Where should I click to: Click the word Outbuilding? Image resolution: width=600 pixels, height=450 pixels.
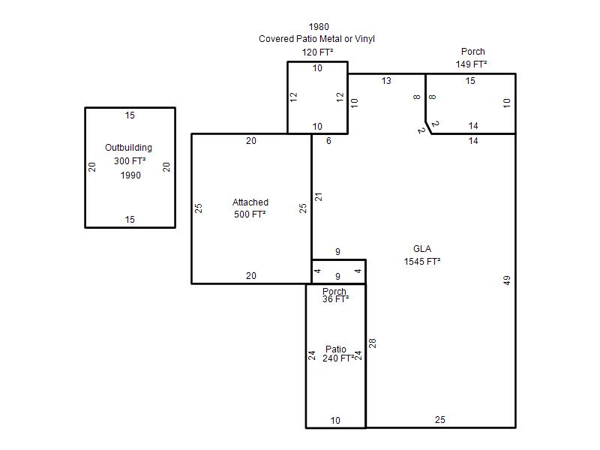[x=128, y=148]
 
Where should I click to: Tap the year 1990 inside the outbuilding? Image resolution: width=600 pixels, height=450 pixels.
[x=130, y=175]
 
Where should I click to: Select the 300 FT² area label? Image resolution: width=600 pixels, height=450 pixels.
[x=130, y=161]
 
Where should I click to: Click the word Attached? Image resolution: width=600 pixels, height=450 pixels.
[x=250, y=202]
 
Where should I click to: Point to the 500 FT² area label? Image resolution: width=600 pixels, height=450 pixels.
[x=250, y=214]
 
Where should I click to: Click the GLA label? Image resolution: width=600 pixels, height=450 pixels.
[x=422, y=249]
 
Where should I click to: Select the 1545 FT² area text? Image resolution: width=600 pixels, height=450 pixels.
[x=422, y=261]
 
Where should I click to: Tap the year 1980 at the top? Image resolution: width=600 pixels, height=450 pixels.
[x=319, y=27]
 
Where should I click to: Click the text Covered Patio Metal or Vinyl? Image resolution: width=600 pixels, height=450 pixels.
[x=316, y=39]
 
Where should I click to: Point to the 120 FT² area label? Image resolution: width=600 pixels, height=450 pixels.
[x=317, y=52]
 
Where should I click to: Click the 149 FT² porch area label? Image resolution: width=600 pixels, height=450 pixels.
[x=471, y=64]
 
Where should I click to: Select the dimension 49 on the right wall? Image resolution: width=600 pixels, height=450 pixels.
[x=507, y=280]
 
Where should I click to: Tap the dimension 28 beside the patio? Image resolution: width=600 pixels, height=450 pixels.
[x=372, y=343]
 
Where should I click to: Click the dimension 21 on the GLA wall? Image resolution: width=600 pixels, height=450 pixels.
[x=318, y=197]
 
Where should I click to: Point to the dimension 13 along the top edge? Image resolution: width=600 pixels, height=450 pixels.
[x=386, y=81]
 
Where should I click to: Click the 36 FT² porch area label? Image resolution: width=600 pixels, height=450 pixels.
[x=335, y=299]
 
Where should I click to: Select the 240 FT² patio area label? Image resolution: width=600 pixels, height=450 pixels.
[x=338, y=358]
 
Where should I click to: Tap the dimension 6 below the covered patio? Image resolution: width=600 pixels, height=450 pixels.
[x=328, y=141]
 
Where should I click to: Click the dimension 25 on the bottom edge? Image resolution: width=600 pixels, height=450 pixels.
[x=440, y=420]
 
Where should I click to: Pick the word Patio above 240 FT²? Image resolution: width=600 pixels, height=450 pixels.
[x=335, y=349]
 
